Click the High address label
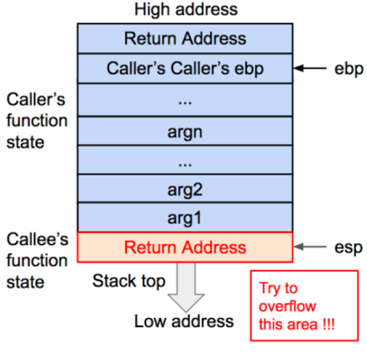pos(186,10)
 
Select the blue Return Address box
pos(185,39)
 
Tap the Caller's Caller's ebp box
pos(185,69)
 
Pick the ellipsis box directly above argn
pos(185,99)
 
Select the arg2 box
pos(185,189)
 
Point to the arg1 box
pos(185,218)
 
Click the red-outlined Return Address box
pos(185,247)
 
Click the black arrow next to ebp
pos(313,69)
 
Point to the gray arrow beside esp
pos(313,247)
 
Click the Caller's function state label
pos(36,121)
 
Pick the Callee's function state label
pos(36,260)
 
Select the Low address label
pos(184,321)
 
